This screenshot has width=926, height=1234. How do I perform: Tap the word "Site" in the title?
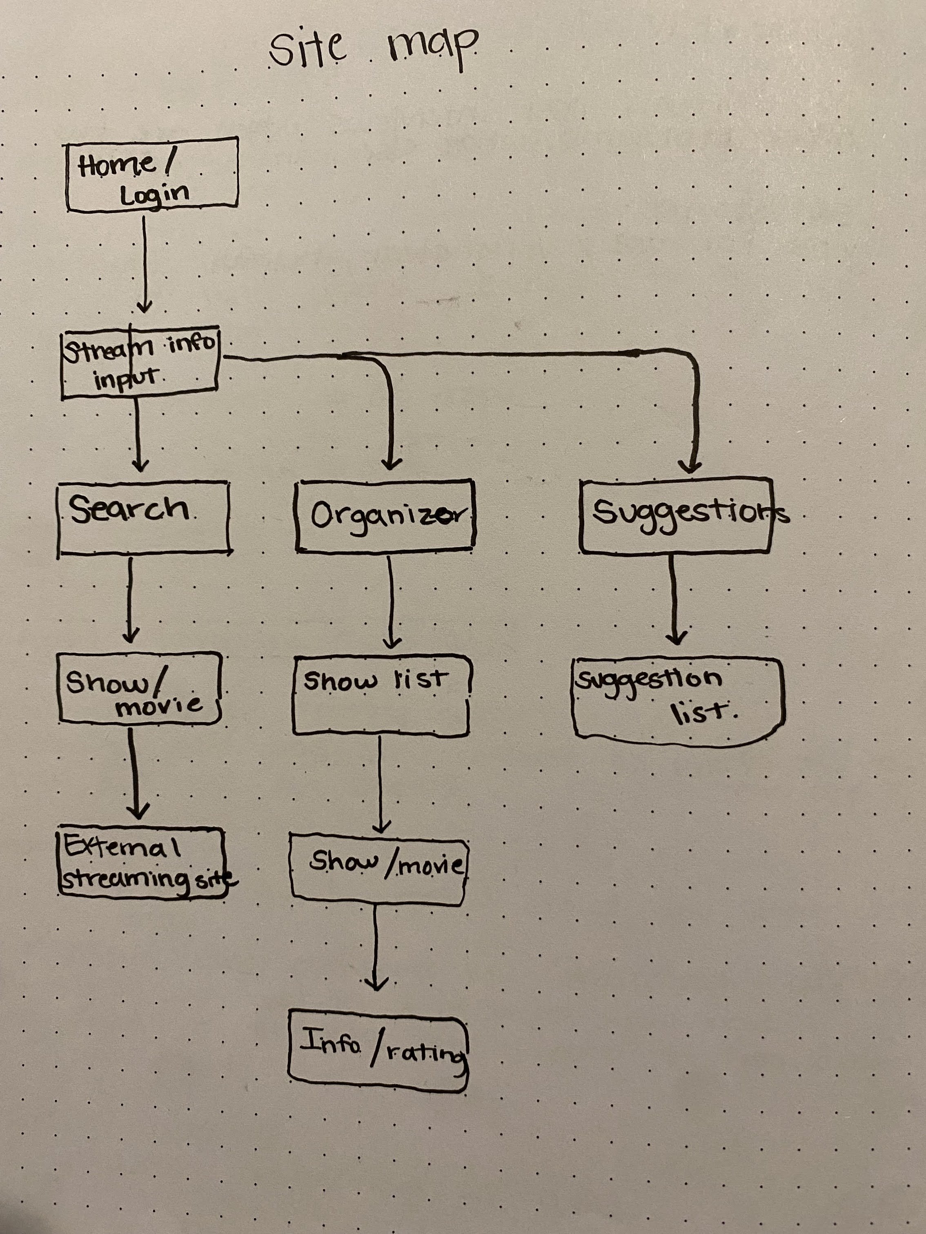tap(307, 49)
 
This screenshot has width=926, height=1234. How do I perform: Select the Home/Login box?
tap(152, 175)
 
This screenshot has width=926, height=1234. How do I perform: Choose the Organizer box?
tap(385, 515)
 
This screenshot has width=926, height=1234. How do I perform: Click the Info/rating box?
tap(378, 1051)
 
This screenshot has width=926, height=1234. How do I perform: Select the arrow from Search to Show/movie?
tap(131, 600)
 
